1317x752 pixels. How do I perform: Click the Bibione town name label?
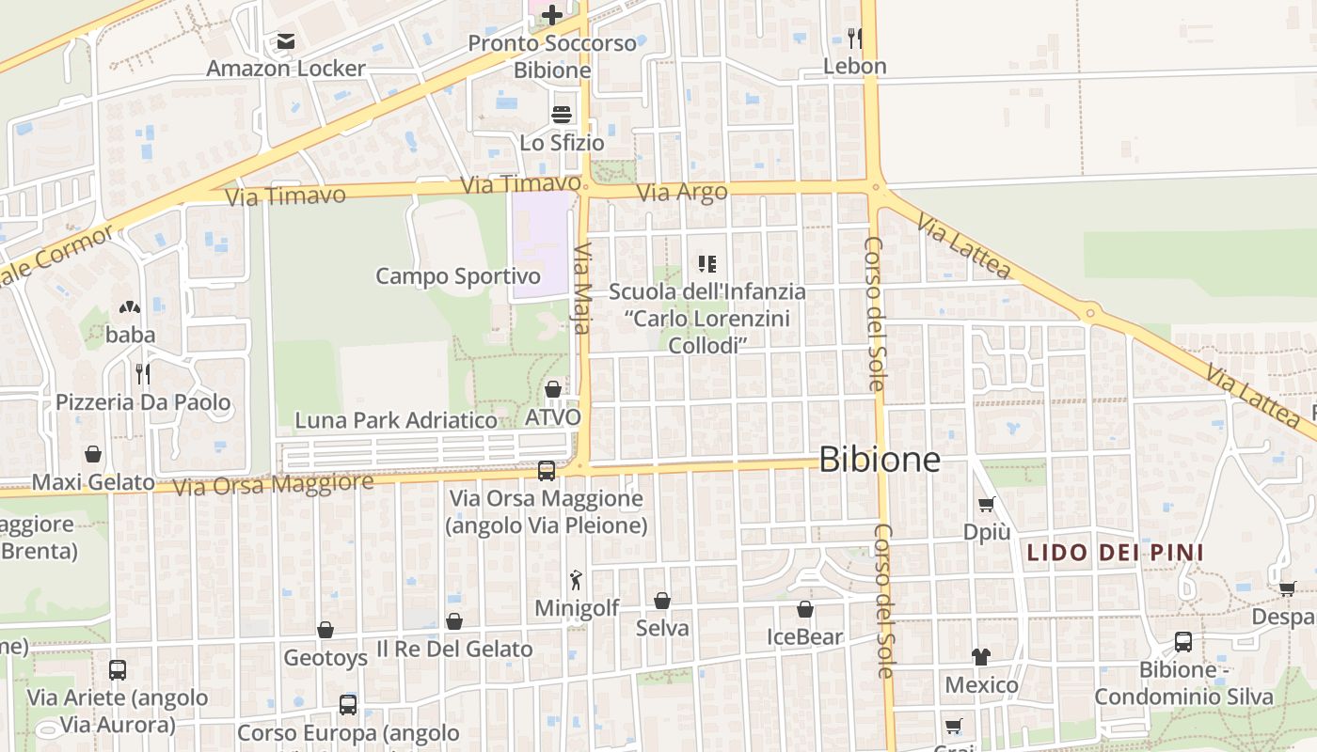pos(880,459)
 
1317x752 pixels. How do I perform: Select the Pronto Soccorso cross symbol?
pos(552,14)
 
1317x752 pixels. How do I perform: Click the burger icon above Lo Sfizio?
pos(562,115)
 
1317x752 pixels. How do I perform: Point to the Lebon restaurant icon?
pos(854,38)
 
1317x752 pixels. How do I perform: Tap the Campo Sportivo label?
pos(458,276)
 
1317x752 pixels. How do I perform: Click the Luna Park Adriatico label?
pos(396,420)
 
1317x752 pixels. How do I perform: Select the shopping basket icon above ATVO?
pos(553,389)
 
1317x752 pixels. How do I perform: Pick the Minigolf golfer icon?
pos(577,580)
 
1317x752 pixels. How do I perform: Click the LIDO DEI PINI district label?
pos(1115,552)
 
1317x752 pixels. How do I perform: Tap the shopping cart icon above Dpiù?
pos(986,504)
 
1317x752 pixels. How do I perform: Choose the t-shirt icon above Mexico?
pos(981,656)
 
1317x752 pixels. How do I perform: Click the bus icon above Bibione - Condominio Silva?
pos(1182,642)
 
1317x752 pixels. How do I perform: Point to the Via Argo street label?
pos(682,193)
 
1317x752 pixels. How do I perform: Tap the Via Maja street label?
pos(583,289)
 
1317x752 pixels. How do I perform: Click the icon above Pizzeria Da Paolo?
pos(143,374)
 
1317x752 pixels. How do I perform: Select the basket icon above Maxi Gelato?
pos(93,454)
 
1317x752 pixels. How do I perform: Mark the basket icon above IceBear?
pos(805,609)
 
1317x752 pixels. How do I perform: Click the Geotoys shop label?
pos(325,657)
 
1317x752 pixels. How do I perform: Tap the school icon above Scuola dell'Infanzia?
pos(707,264)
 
